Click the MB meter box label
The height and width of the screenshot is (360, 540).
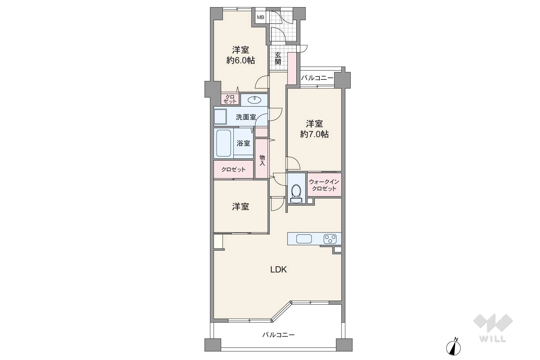coord(260,17)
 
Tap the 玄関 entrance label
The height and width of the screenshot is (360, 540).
coord(278,58)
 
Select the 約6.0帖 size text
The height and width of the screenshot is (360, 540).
coord(240,60)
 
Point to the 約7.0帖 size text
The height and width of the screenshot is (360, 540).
coord(315,134)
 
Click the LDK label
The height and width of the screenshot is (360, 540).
coord(279,270)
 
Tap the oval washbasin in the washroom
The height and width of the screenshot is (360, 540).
coord(255,100)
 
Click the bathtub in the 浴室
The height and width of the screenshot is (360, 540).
coord(224,143)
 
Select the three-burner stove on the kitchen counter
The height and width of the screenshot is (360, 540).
coord(330,239)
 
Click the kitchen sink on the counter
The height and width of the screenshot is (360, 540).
coord(304,239)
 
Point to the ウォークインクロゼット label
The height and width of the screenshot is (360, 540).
coord(324,185)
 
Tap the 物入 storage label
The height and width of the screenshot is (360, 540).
coord(262,160)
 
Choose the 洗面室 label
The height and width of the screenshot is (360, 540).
coord(246,117)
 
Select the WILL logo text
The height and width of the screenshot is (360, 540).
coord(493,339)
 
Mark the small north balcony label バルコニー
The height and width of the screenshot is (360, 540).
coord(317,78)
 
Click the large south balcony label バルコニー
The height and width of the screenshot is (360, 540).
coord(279,335)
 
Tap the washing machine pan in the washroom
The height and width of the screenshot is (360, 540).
coord(220,117)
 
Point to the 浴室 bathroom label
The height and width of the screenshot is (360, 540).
coord(243,143)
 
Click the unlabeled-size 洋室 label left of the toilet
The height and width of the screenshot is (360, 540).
coord(240,207)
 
